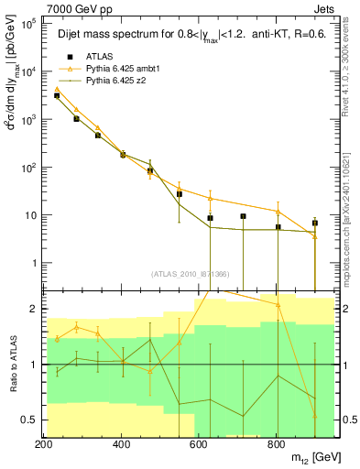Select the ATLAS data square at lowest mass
tap(57, 95)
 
